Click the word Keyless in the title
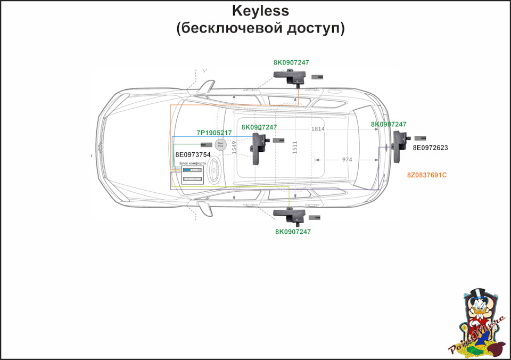(x=260, y=11)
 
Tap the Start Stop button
(x=220, y=144)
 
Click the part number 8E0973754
(x=193, y=154)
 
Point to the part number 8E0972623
(x=430, y=148)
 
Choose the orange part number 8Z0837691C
(x=427, y=175)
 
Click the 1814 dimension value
(x=318, y=129)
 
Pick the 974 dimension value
(x=347, y=160)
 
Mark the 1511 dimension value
(x=295, y=148)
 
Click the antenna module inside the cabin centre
(x=259, y=148)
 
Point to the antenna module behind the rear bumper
(x=398, y=146)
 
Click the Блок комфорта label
(x=192, y=163)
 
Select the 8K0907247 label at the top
(x=291, y=62)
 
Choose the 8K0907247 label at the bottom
(x=293, y=232)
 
